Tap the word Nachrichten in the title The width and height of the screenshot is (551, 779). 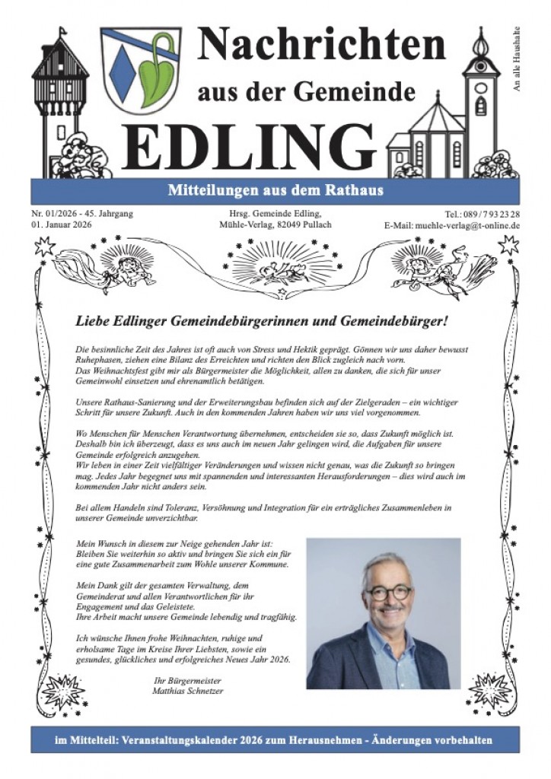[x=320, y=46]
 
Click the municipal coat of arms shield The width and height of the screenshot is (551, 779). [x=141, y=71]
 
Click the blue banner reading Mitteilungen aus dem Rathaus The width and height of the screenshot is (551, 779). [x=275, y=190]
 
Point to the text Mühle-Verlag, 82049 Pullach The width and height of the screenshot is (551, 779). [x=275, y=225]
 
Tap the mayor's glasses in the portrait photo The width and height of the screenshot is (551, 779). [x=388, y=593]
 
